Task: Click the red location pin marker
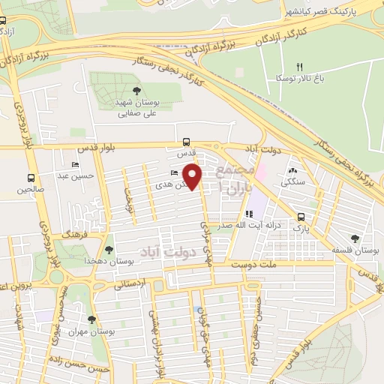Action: click(193, 177)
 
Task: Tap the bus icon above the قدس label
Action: click(187, 141)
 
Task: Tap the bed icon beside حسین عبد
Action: click(73, 164)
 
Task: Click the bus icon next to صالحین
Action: click(31, 178)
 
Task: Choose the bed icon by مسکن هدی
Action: click(174, 173)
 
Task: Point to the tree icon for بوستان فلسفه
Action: click(355, 238)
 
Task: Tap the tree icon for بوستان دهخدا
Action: click(110, 248)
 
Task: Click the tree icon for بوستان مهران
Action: click(91, 319)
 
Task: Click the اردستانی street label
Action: click(129, 284)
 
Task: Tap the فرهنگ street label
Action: click(78, 235)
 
